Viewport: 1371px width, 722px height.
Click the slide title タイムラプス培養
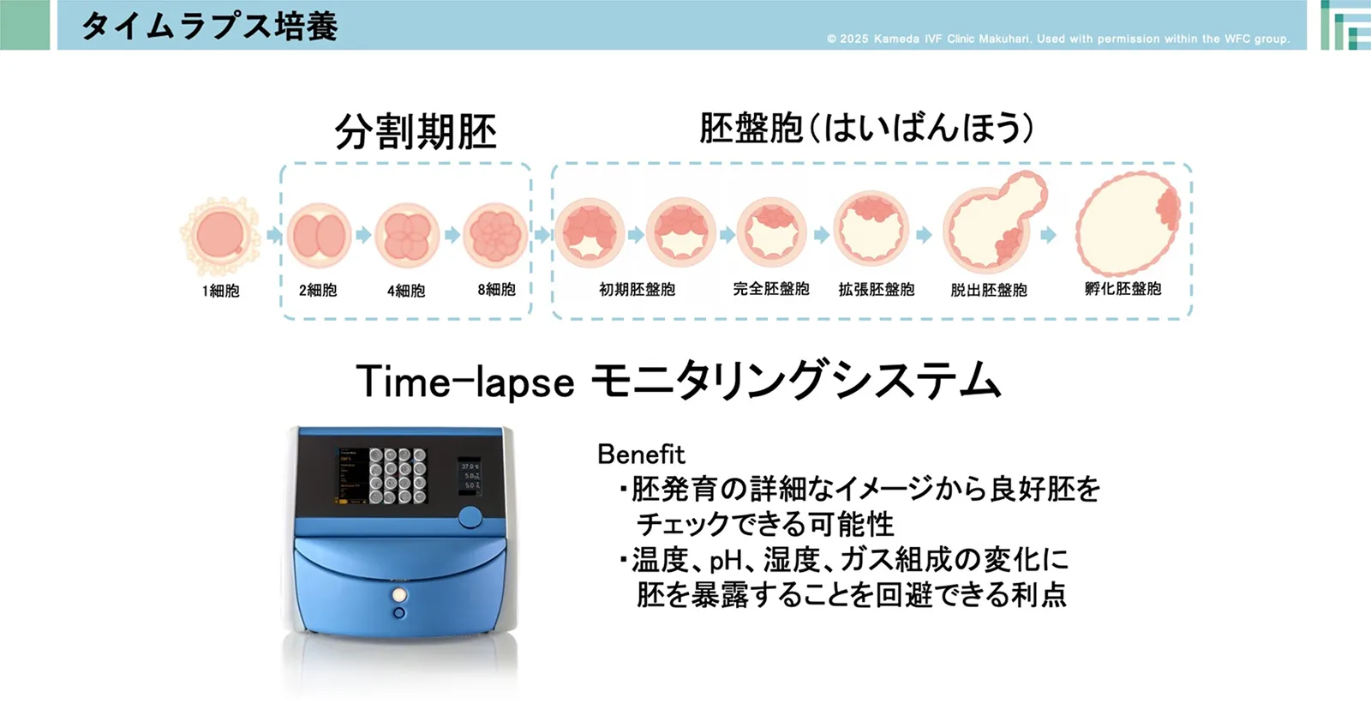pyautogui.click(x=209, y=27)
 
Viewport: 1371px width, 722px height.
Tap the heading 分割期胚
pyautogui.click(x=415, y=132)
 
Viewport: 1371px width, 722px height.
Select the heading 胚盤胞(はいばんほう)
pyautogui.click(x=866, y=128)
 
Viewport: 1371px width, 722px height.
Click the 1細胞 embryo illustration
pyautogui.click(x=220, y=236)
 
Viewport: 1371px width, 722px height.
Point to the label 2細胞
pyautogui.click(x=318, y=291)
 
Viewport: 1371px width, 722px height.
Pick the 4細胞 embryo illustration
pyautogui.click(x=407, y=236)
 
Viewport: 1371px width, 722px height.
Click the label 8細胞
pyautogui.click(x=496, y=290)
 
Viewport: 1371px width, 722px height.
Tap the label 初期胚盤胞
pyautogui.click(x=637, y=290)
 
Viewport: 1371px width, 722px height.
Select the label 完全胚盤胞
pyautogui.click(x=771, y=289)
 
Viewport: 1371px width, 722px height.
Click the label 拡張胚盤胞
pyautogui.click(x=877, y=290)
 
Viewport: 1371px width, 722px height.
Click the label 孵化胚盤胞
pyautogui.click(x=1123, y=289)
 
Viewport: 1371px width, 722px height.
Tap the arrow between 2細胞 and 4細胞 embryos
pyautogui.click(x=363, y=235)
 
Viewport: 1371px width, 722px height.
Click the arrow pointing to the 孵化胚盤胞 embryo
pyautogui.click(x=1048, y=235)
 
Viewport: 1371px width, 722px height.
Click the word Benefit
pyautogui.click(x=641, y=454)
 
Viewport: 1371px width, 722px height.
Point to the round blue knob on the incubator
pyautogui.click(x=470, y=517)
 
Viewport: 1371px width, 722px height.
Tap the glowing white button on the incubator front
pyautogui.click(x=399, y=594)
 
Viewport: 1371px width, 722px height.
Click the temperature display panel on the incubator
pyautogui.click(x=470, y=476)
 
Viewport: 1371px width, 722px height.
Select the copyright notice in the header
pyautogui.click(x=1058, y=39)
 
